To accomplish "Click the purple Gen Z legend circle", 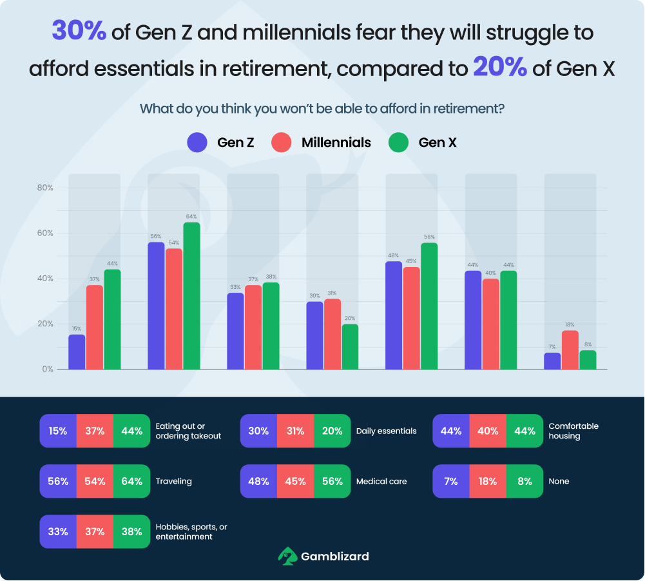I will point(197,143).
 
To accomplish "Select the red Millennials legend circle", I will point(282,143).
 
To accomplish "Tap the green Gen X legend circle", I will point(399,143).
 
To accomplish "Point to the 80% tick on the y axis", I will point(44,188).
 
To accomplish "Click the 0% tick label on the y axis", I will point(46,369).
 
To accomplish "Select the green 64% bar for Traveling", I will point(191,296).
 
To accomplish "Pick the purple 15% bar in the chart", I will point(77,352).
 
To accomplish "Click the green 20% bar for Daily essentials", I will point(350,347).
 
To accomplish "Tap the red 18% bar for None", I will point(570,350).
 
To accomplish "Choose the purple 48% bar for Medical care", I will point(394,315).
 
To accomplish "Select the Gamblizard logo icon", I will point(287,555).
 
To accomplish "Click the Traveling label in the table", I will point(174,481).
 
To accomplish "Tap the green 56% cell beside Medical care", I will point(332,481).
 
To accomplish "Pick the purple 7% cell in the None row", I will point(450,481).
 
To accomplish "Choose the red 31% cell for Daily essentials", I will point(295,431).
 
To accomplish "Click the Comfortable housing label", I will point(573,431).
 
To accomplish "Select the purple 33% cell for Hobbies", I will point(58,531).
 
